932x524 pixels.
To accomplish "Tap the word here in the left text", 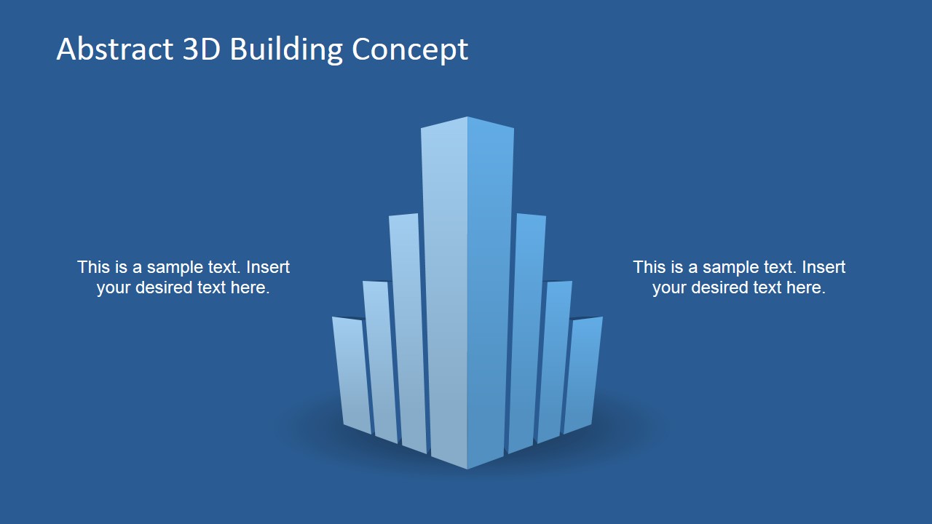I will [x=250, y=287].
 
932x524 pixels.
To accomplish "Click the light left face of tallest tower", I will [x=445, y=291].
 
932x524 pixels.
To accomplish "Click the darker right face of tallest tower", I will [x=489, y=291].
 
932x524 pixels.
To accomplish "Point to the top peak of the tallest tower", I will [x=467, y=118].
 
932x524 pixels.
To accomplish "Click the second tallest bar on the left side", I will [x=408, y=327].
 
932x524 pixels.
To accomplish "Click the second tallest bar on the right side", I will [x=526, y=327].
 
